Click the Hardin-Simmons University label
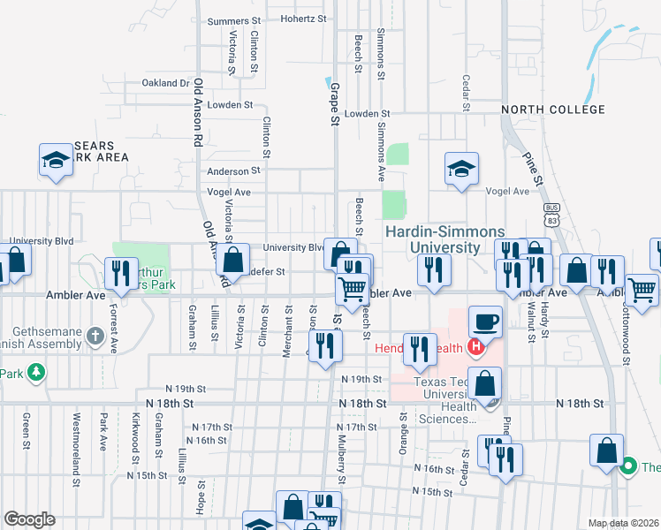[x=432, y=239]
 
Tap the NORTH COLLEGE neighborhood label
[x=553, y=110]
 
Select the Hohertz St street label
[x=304, y=19]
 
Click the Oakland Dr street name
[x=165, y=83]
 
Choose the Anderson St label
[x=233, y=170]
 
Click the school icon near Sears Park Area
[x=56, y=160]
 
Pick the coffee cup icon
[x=485, y=321]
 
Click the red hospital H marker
[x=475, y=346]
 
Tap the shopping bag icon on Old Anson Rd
[x=233, y=261]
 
